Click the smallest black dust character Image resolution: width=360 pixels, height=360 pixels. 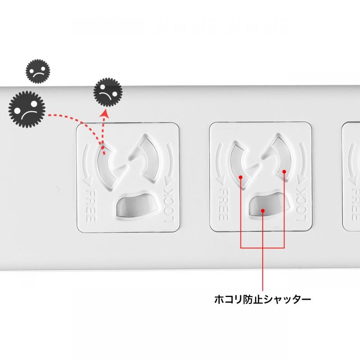(x=38, y=71)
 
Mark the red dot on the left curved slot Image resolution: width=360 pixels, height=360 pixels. (x=241, y=177)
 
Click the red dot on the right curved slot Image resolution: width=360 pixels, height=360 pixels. (x=285, y=171)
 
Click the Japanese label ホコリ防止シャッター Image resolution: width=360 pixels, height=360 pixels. (x=262, y=298)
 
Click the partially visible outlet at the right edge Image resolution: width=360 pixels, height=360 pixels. (x=351, y=178)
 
